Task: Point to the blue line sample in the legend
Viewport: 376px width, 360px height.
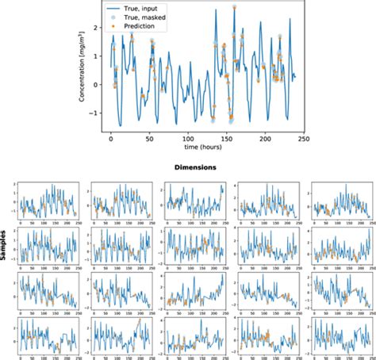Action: coord(117,8)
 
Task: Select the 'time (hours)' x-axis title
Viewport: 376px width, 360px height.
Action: coord(203,147)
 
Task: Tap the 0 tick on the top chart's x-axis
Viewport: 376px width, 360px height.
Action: coord(110,138)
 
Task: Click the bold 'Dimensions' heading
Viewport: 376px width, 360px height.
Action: coord(195,168)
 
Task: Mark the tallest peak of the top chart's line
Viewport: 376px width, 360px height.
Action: coord(235,6)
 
